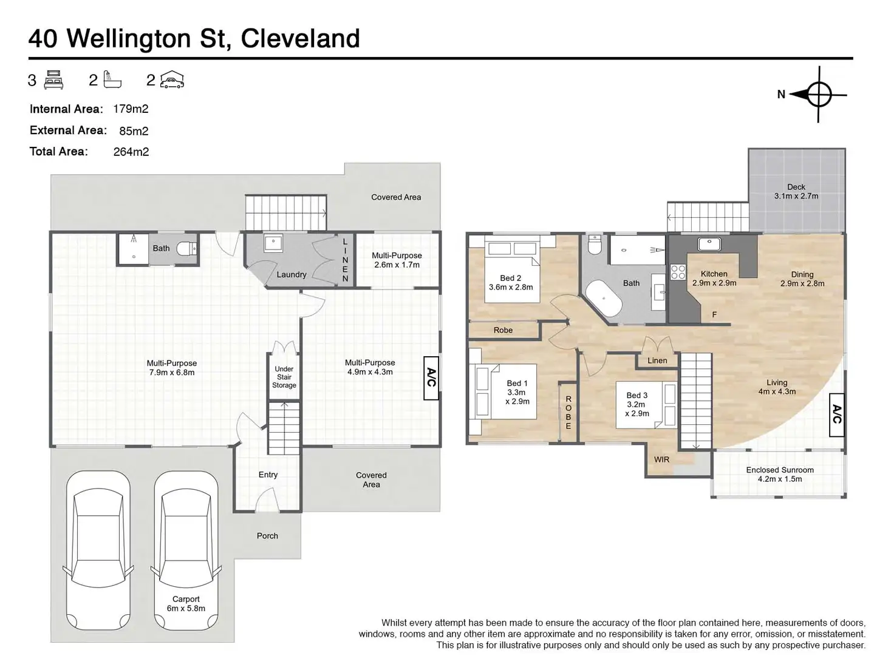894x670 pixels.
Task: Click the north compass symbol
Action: pyautogui.click(x=819, y=95)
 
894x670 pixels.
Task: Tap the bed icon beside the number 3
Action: pyautogui.click(x=53, y=80)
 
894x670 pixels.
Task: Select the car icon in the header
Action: pyautogui.click(x=172, y=81)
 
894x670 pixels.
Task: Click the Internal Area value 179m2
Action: pyautogui.click(x=131, y=109)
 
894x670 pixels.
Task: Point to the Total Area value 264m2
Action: pyautogui.click(x=131, y=152)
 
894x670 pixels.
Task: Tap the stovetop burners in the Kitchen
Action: pyautogui.click(x=677, y=272)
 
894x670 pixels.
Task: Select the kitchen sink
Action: pyautogui.click(x=709, y=244)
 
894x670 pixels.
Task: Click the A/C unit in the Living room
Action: pyautogui.click(x=837, y=414)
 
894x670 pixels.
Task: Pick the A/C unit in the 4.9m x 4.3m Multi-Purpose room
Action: pyautogui.click(x=431, y=377)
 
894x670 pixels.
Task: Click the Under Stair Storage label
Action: pyautogui.click(x=284, y=377)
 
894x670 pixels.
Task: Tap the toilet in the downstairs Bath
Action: pyautogui.click(x=186, y=248)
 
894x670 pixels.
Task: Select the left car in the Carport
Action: pyautogui.click(x=98, y=552)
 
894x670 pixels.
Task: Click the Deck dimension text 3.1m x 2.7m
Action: pyautogui.click(x=796, y=196)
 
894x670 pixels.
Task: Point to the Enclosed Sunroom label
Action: pyautogui.click(x=780, y=470)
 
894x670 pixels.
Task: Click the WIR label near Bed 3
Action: pyautogui.click(x=661, y=459)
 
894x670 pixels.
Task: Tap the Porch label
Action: pyautogui.click(x=267, y=536)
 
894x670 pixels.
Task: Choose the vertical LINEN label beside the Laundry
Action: pyautogui.click(x=345, y=260)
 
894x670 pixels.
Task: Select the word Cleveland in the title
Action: pyautogui.click(x=301, y=38)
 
